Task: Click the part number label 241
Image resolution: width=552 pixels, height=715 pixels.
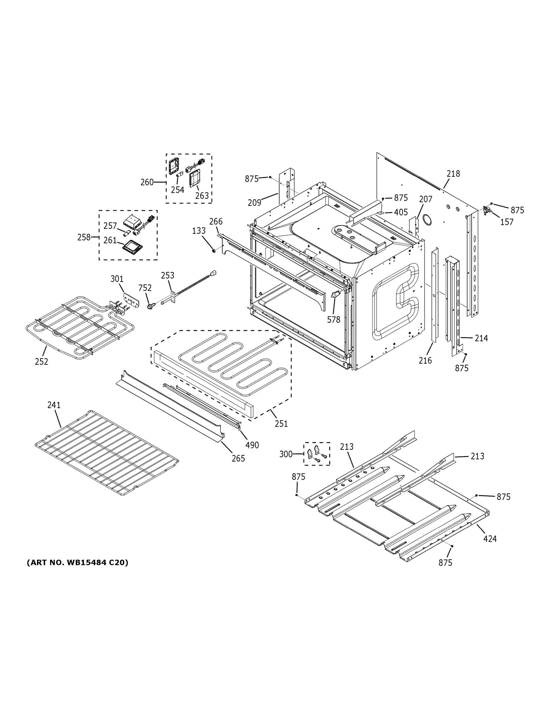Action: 54,405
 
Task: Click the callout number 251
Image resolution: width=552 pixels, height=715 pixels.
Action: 281,424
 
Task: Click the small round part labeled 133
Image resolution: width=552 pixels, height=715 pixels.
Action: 214,251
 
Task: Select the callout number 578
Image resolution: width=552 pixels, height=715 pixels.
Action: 334,320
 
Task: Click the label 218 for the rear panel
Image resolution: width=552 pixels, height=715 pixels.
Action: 453,174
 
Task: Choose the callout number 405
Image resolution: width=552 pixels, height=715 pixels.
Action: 401,212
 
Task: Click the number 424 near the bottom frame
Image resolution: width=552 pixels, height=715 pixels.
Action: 490,539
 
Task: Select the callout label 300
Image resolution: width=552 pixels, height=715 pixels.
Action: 286,454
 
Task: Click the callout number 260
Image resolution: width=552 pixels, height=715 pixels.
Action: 147,182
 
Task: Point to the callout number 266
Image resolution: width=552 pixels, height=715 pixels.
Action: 216,221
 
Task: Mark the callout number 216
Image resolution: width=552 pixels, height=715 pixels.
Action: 425,360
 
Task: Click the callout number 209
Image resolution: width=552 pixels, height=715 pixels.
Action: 254,203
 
